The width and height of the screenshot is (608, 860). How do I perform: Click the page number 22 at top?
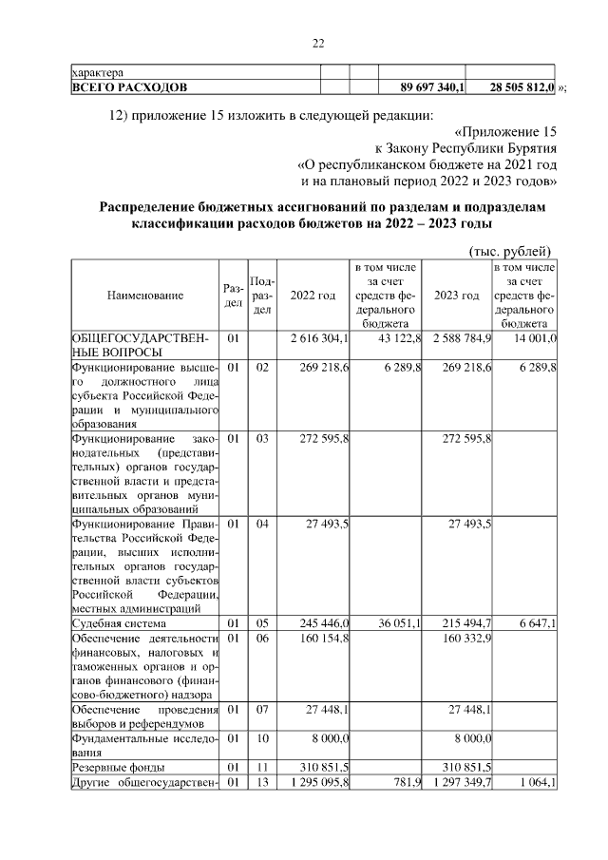[x=318, y=41]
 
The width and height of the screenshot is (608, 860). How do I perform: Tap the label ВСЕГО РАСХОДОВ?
[x=129, y=87]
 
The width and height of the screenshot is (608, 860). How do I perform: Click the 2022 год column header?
[x=313, y=296]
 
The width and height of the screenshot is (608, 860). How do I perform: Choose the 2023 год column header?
[x=456, y=296]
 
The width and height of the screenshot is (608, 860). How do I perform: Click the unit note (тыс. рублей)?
[x=511, y=251]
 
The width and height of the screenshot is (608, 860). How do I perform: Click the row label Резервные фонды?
[x=119, y=767]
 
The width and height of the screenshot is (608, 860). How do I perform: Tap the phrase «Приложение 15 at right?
[x=505, y=131]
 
